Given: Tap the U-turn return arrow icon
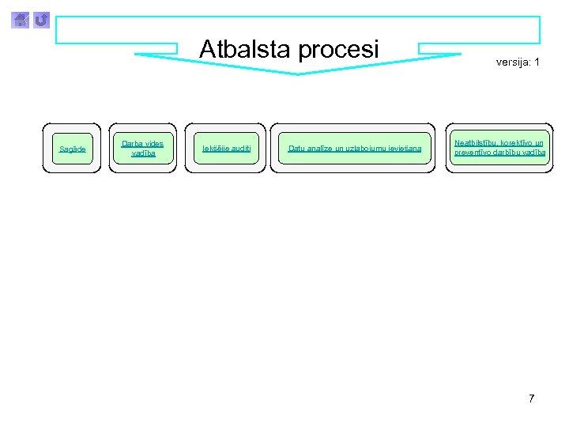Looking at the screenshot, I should tap(41, 19).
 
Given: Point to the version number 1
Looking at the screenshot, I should tap(537, 62).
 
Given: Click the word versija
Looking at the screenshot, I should tap(513, 62).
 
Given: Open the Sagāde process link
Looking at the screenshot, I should tap(73, 149).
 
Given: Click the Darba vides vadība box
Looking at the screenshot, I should tap(143, 148).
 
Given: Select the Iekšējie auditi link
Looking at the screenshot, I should tap(227, 149).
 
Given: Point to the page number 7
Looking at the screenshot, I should tap(531, 399).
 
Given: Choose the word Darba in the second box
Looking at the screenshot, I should tap(132, 143).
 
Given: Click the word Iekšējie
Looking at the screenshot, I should tap(214, 149).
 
